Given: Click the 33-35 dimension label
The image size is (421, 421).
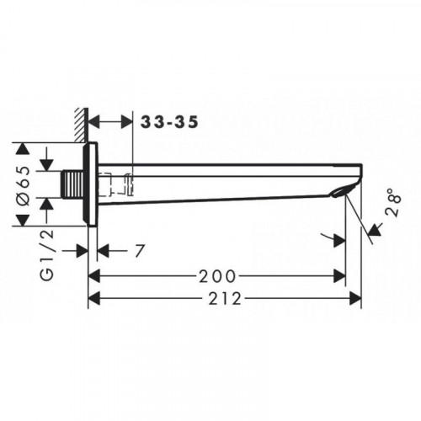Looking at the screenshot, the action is coord(169,122).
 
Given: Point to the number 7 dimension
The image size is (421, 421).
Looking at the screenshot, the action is coord(139,251).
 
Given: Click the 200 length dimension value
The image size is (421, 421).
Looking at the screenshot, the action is coord(217,276).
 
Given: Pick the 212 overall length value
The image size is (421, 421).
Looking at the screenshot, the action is coord(225,299).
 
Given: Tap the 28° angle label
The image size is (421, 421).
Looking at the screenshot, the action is coord(393,203).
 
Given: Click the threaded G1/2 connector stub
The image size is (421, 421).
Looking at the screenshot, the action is coord(72,184).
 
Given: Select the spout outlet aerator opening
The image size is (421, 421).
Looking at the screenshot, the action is coord(339,192).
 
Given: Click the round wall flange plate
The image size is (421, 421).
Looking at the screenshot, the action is coord(90,184).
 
